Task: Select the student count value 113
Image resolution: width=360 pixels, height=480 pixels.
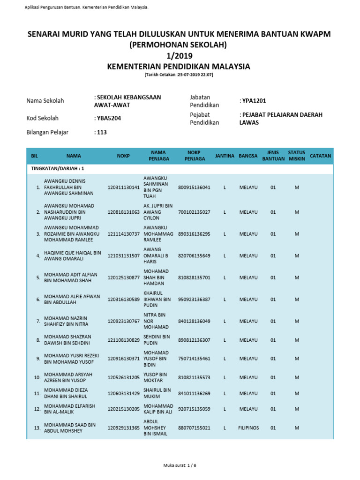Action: tap(102, 132)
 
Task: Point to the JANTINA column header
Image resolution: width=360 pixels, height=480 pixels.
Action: tap(225, 156)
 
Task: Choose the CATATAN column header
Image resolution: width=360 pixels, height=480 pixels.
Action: tap(321, 156)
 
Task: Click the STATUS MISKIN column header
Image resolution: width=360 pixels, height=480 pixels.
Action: tap(297, 156)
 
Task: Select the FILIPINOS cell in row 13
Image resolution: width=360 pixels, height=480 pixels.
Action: tap(248, 428)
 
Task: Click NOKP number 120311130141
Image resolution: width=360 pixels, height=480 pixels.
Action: tap(124, 187)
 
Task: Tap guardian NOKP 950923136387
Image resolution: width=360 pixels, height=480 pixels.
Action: tap(194, 299)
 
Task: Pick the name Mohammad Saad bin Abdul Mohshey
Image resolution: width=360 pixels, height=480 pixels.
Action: tap(69, 428)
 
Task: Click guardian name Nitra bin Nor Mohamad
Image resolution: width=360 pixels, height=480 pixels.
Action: tap(156, 321)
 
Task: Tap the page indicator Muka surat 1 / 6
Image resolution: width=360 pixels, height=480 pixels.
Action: tap(180, 465)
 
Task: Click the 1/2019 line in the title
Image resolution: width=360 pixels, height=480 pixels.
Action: tap(180, 56)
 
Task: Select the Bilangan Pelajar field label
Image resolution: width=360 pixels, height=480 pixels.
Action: tap(47, 132)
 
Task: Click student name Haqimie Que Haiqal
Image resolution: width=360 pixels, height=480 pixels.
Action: tap(72, 255)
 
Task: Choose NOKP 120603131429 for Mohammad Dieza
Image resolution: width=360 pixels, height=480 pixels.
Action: tap(124, 393)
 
